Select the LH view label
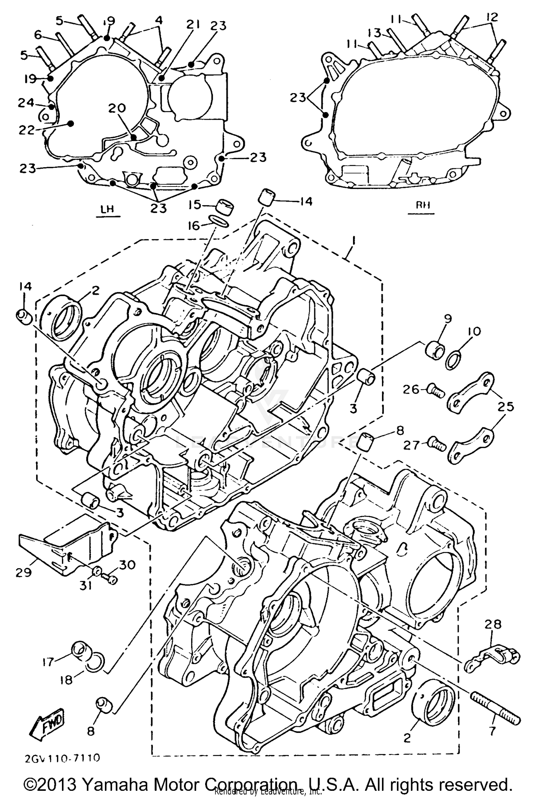point(108,209)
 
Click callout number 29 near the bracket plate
point(24,573)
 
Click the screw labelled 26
point(435,391)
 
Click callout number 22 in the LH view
point(26,130)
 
